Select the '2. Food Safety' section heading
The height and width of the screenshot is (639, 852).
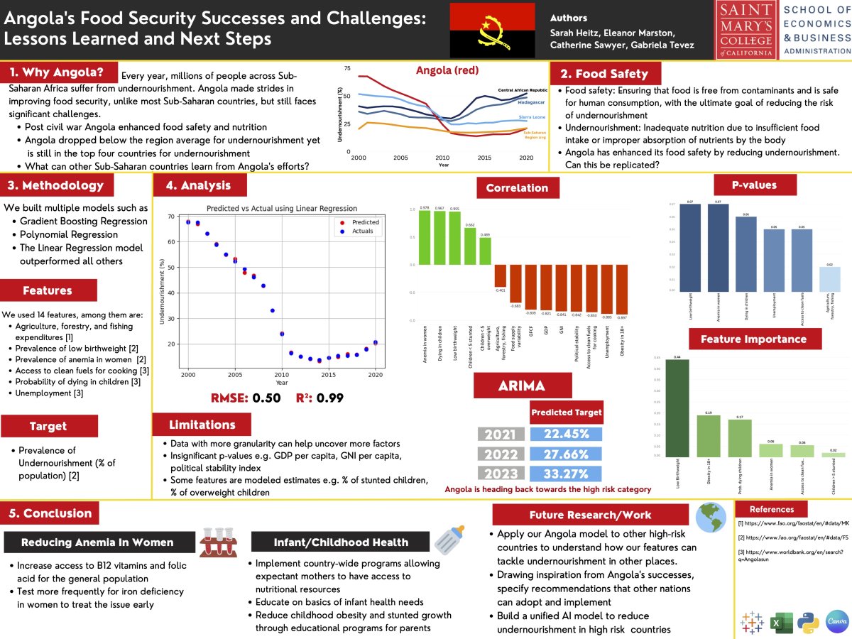[x=605, y=74]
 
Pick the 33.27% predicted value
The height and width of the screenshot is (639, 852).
[x=566, y=474]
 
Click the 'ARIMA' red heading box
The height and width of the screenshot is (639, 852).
[x=523, y=386]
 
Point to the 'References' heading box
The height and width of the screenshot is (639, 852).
[x=772, y=509]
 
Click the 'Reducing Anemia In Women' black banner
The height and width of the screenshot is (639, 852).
[x=97, y=542]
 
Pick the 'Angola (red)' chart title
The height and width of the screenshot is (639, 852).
[x=447, y=70]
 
